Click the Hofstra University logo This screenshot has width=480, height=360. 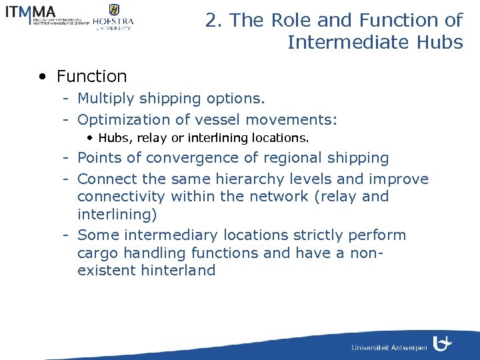[113, 17]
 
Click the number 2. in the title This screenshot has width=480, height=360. [214, 21]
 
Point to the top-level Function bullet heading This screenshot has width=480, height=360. [91, 77]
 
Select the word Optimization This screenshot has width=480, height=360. [124, 120]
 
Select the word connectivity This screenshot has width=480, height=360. [121, 197]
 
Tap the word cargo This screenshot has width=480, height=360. [95, 253]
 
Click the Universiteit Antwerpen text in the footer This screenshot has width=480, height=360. [389, 347]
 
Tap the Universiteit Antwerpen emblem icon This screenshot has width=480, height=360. [442, 344]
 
